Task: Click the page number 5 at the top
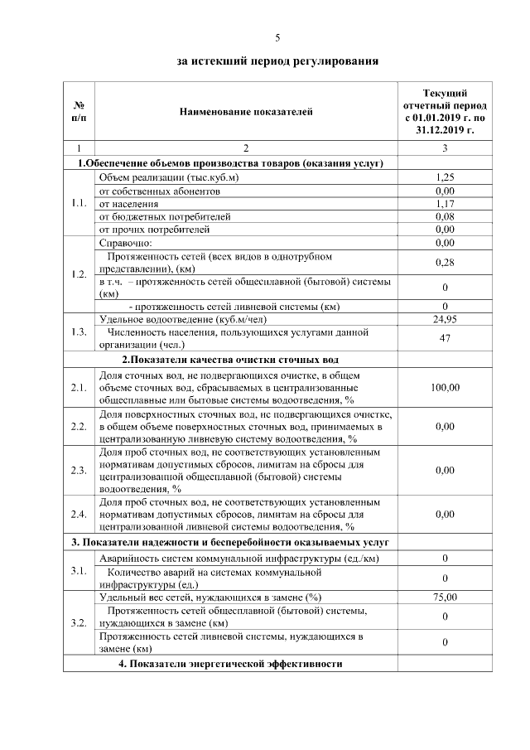[278, 37]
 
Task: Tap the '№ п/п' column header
[79, 112]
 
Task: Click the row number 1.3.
[79, 332]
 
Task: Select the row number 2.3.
[79, 470]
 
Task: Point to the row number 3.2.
[79, 622]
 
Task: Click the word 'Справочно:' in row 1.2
[125, 243]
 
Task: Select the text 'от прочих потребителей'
[154, 229]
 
